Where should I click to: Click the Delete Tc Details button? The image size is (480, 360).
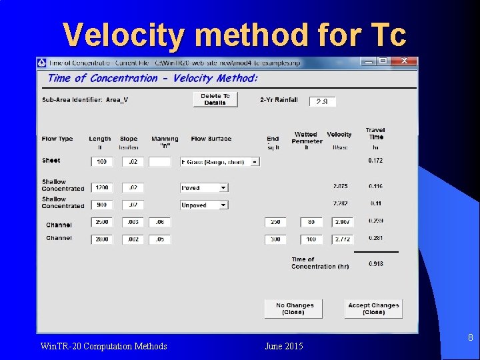[215, 99]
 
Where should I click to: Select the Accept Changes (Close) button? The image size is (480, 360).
[373, 309]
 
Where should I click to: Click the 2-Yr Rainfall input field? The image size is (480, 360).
[323, 101]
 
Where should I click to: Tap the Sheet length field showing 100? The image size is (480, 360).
[102, 162]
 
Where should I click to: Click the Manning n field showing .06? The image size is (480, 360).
[159, 222]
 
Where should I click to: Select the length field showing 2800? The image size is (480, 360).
[102, 239]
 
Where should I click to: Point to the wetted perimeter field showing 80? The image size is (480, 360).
[311, 222]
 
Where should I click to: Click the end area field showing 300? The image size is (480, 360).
[275, 239]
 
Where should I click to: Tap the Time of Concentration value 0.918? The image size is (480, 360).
[376, 264]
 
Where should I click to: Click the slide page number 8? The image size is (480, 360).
[470, 338]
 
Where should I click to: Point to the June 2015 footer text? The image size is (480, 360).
[283, 346]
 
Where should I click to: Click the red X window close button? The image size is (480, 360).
[405, 61]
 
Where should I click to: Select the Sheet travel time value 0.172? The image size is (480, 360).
[376, 161]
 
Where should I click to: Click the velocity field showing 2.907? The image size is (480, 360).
[343, 222]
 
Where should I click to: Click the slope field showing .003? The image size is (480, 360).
[132, 222]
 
